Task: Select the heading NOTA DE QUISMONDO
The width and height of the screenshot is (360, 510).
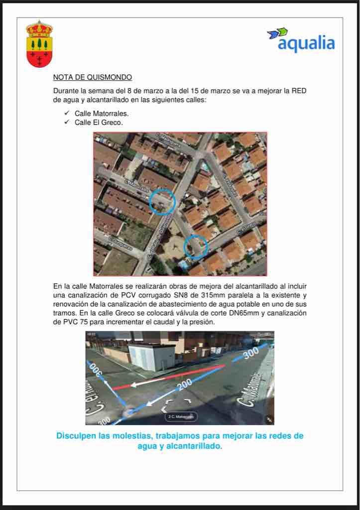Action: [93, 78]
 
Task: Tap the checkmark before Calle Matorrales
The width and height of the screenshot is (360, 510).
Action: [67, 114]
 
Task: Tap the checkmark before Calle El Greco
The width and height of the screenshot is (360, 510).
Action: [67, 123]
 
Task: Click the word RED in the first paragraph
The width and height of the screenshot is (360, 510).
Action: [299, 91]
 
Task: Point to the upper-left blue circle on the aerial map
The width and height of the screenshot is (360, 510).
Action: [163, 202]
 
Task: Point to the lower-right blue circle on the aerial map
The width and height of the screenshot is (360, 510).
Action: [196, 247]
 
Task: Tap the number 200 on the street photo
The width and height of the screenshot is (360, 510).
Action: [185, 384]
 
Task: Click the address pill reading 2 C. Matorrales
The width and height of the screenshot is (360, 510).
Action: [181, 416]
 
